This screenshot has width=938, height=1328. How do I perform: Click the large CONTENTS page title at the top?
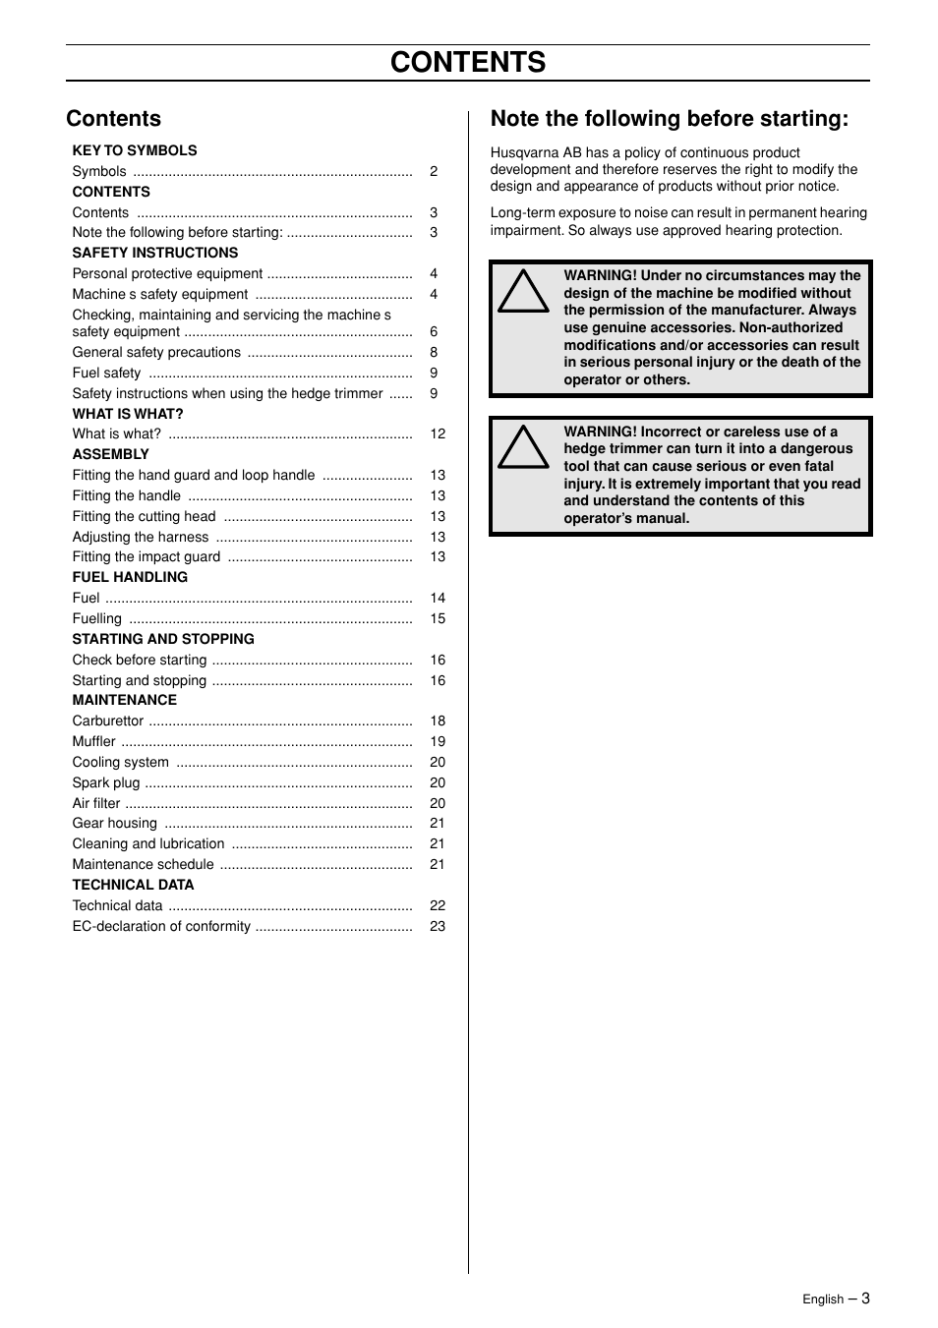[468, 62]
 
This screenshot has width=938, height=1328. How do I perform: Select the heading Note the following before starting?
[669, 119]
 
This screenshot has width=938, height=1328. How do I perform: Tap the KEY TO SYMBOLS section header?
[135, 150]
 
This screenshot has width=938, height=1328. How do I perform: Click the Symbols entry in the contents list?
[99, 171]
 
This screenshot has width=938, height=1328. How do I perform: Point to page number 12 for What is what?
[438, 433]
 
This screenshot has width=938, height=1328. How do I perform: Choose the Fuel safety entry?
[106, 373]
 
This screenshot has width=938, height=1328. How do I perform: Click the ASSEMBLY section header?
[111, 454]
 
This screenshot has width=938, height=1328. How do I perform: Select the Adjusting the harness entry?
[141, 537]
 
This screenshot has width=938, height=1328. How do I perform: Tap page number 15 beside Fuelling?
[438, 618]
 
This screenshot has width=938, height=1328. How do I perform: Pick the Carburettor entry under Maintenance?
[108, 721]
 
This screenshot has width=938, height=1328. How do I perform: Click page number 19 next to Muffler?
[438, 741]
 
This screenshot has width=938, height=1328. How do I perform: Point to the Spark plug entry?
[106, 782]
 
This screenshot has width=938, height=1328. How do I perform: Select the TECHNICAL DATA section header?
[133, 885]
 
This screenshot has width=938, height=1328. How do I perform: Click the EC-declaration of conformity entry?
[161, 926]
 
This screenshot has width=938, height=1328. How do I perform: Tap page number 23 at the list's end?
[438, 926]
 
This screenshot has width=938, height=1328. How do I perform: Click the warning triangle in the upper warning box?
[523, 292]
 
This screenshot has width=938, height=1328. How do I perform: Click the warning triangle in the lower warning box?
[523, 448]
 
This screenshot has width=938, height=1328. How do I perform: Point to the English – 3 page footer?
[836, 1299]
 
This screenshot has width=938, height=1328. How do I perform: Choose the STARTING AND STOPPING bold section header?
[163, 639]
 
